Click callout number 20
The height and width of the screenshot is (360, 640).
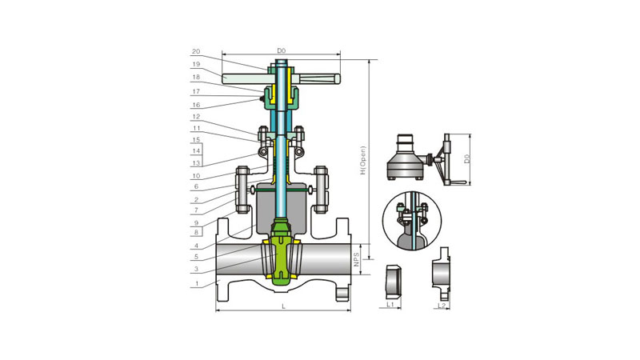tap(196, 51)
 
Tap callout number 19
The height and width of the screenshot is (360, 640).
tap(196, 64)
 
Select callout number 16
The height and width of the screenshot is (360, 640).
tap(196, 105)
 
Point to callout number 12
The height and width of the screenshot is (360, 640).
tap(196, 117)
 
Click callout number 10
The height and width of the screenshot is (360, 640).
tap(196, 176)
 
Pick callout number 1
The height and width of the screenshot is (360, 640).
tap(196, 283)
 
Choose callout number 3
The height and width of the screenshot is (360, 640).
tap(196, 269)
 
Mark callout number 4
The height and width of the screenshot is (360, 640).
tap(196, 246)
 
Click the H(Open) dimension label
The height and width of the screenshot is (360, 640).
tap(363, 161)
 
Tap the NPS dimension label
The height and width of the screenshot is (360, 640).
tap(356, 259)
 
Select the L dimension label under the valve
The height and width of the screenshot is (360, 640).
tap(284, 306)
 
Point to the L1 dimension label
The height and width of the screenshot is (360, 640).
tap(390, 305)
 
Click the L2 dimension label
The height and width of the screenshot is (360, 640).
tap(442, 306)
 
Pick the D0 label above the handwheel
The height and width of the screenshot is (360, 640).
tap(282, 50)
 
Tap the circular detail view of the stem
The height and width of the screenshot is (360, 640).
tap(412, 221)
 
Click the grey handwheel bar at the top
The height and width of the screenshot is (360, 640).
tap(282, 78)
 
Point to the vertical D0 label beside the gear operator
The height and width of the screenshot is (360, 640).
tap(467, 158)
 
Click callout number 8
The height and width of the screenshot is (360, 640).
tap(196, 232)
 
